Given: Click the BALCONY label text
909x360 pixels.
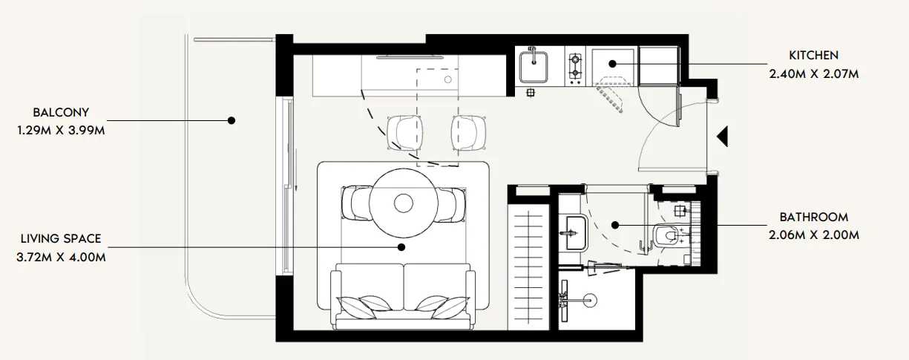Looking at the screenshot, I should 61,113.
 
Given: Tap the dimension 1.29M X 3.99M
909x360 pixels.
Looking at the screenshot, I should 61,130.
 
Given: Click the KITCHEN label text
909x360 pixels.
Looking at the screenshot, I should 813,56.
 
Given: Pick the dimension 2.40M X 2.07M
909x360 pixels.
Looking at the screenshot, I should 813,73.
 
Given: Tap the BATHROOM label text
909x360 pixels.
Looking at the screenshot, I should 813,217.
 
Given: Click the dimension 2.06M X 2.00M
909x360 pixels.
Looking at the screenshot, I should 813,235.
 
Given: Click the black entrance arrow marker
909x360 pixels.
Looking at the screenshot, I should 723,137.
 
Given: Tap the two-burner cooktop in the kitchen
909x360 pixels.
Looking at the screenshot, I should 574,66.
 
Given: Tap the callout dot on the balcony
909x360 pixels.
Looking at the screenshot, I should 232,120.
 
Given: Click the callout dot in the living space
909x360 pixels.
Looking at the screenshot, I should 401,247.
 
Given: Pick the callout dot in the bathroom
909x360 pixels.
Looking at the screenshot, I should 615,224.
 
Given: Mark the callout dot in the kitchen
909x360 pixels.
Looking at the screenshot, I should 614,65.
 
